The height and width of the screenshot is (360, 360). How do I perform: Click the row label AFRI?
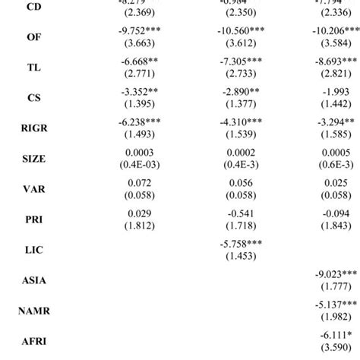[34, 341]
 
